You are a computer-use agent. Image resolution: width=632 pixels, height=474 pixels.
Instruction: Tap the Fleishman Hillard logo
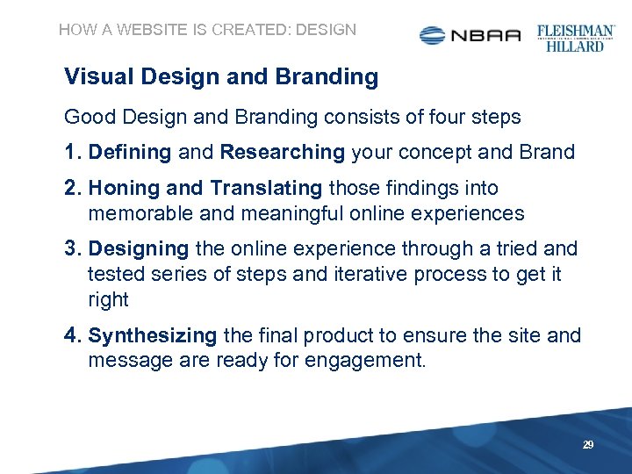(x=576, y=37)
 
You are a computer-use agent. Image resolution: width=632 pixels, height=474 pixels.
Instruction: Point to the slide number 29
(x=588, y=446)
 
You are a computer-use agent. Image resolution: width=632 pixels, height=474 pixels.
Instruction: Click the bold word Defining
(x=130, y=152)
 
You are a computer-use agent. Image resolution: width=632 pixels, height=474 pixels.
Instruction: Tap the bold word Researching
(x=283, y=152)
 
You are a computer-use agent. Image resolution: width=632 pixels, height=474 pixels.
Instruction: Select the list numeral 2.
(x=72, y=188)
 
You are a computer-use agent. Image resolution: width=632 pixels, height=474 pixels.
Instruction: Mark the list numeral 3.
(x=72, y=249)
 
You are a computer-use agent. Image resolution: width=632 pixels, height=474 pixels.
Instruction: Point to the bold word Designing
(x=139, y=249)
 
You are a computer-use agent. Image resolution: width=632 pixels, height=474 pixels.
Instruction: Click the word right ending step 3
(x=108, y=299)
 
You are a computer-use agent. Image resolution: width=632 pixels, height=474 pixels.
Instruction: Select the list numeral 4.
(x=72, y=335)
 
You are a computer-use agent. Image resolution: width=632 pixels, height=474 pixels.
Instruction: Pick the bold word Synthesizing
(x=153, y=335)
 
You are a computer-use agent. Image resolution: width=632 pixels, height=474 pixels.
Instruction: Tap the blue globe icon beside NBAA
(x=434, y=35)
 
